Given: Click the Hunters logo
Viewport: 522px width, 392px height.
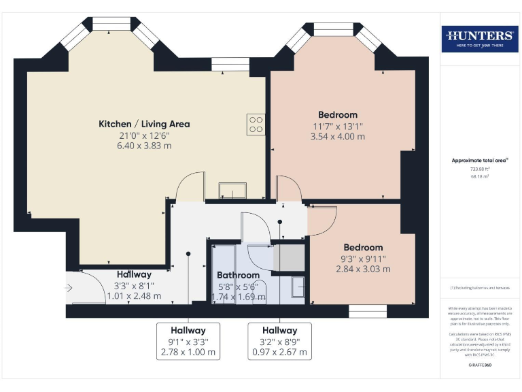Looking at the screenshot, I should click(x=480, y=39).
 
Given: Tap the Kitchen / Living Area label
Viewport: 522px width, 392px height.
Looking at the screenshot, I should click(x=144, y=124).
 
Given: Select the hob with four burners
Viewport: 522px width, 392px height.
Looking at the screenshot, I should click(x=256, y=123).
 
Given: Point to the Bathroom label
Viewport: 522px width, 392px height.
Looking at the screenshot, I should click(x=238, y=275).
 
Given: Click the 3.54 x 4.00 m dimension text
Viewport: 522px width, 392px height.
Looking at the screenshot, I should click(x=338, y=136).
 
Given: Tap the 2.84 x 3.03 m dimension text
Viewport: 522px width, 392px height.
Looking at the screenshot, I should click(x=363, y=269).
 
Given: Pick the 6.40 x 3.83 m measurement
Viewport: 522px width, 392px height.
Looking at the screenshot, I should click(x=144, y=146).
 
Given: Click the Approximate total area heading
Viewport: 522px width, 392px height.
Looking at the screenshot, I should click(x=480, y=160).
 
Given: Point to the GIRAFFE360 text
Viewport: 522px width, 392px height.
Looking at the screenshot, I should click(x=480, y=366).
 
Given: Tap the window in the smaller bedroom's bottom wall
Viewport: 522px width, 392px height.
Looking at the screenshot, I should click(x=363, y=310).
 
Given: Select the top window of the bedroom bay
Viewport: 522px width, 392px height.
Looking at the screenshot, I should click(x=333, y=29).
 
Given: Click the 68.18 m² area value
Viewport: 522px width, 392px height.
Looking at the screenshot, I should click(x=480, y=176).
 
